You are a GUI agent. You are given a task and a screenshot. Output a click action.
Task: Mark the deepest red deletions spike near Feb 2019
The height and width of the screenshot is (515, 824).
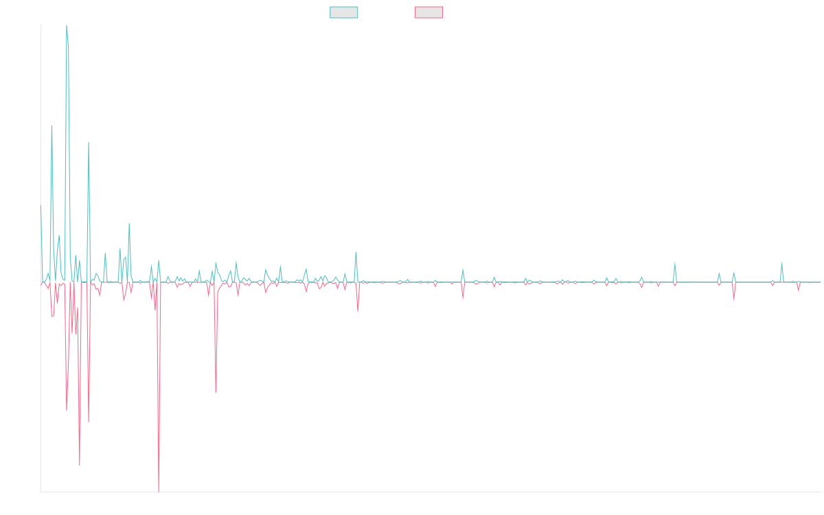click(x=159, y=490)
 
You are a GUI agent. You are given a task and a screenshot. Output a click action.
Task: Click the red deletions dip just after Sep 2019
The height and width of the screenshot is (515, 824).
click(x=216, y=391)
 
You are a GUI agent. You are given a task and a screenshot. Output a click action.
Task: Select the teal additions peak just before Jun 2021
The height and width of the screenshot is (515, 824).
click(x=356, y=252)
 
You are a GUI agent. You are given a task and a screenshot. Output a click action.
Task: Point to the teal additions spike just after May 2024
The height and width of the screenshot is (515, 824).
click(x=675, y=262)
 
